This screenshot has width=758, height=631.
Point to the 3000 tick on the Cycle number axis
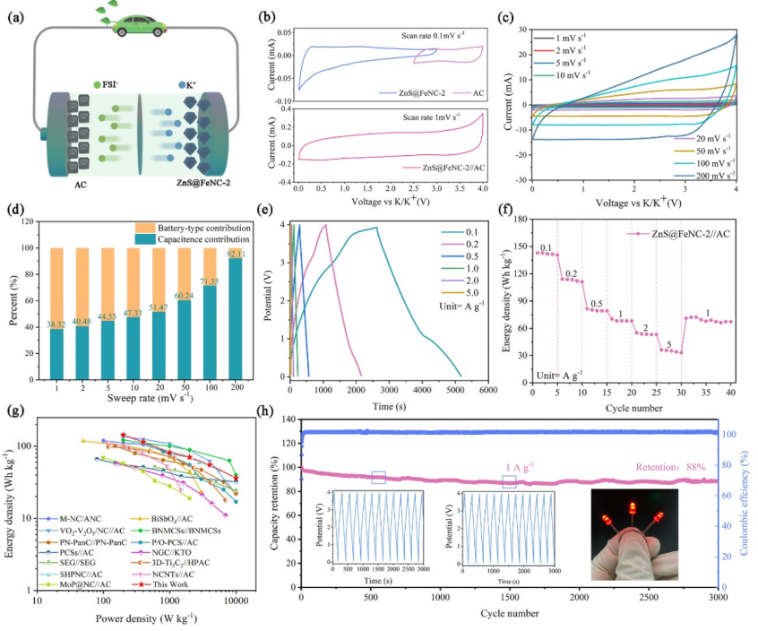[717, 597]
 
